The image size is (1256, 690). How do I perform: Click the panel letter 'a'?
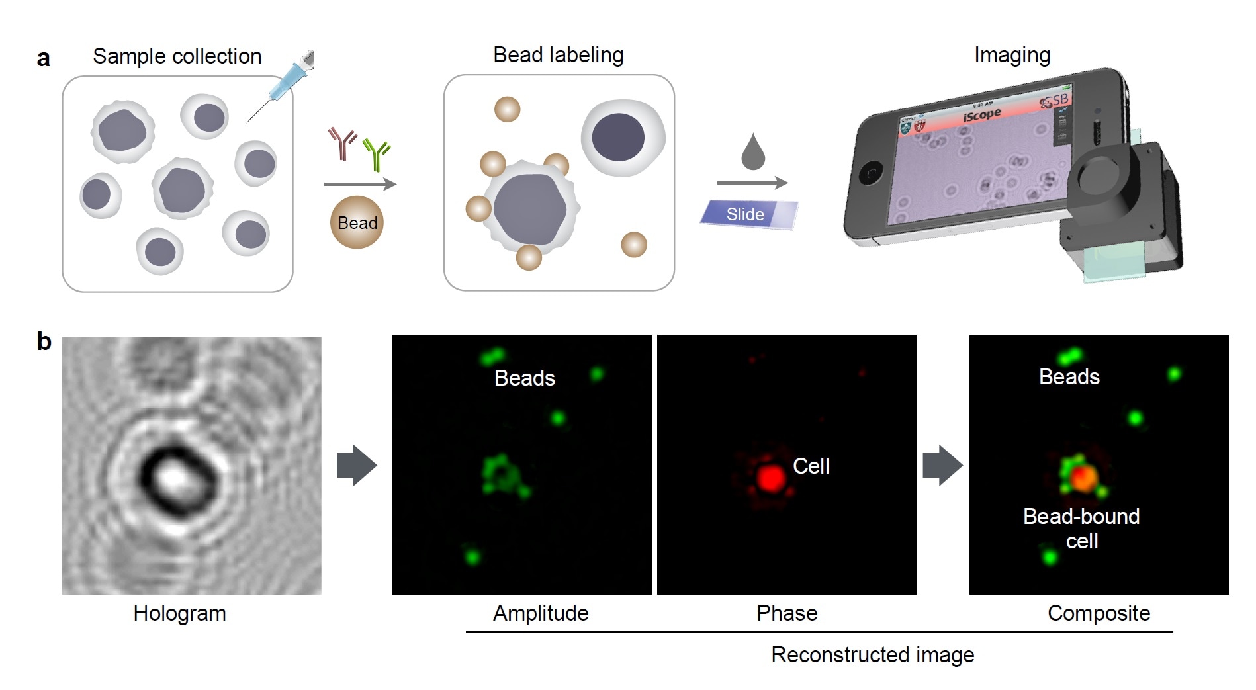(x=43, y=58)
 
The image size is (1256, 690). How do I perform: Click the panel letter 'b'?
(x=44, y=341)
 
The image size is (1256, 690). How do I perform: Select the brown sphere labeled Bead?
(x=357, y=222)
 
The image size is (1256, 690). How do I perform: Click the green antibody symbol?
(x=378, y=154)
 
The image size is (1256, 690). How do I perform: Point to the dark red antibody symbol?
(x=342, y=144)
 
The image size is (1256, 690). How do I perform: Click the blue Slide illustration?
(x=748, y=214)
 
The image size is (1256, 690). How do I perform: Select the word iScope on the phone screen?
(x=981, y=116)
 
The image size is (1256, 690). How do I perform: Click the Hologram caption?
(x=179, y=613)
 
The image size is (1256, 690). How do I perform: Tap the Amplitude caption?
(x=541, y=613)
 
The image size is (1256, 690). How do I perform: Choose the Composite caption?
(x=1099, y=613)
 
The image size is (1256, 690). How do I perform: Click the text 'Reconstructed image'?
(x=872, y=655)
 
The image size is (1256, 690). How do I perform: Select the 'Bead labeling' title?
(x=558, y=55)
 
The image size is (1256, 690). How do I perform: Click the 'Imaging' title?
(x=1012, y=55)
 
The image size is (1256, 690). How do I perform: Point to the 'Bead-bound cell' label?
(x=1081, y=528)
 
